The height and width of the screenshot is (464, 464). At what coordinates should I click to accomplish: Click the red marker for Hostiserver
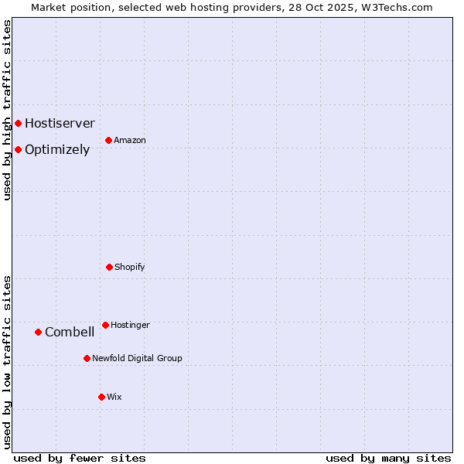pyautogui.click(x=18, y=123)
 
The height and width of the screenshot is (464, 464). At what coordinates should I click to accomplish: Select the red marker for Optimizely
pyautogui.click(x=18, y=149)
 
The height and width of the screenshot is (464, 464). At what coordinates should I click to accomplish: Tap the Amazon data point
pyautogui.click(x=108, y=140)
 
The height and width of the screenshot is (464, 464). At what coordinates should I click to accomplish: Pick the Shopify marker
pyautogui.click(x=109, y=267)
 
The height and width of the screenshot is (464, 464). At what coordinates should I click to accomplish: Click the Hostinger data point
pyautogui.click(x=105, y=325)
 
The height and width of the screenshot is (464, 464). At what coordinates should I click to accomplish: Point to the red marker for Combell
pyautogui.click(x=38, y=332)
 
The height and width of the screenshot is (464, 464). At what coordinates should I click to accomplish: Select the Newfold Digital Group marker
pyautogui.click(x=87, y=358)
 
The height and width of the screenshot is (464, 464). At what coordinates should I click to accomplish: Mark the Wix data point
pyautogui.click(x=101, y=397)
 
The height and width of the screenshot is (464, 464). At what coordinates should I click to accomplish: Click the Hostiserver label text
pyautogui.click(x=60, y=123)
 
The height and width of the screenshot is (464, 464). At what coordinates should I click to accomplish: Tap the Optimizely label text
pyautogui.click(x=57, y=149)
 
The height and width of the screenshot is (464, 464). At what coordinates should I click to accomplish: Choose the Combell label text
pyautogui.click(x=70, y=332)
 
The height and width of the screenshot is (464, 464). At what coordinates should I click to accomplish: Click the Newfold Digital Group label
pyautogui.click(x=137, y=358)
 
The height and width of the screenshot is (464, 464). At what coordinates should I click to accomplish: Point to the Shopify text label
pyautogui.click(x=129, y=267)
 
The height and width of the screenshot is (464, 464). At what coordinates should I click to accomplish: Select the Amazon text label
pyautogui.click(x=129, y=140)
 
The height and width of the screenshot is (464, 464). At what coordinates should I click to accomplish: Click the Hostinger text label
pyautogui.click(x=130, y=325)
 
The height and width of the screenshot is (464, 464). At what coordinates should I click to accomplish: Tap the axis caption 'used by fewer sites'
pyautogui.click(x=80, y=458)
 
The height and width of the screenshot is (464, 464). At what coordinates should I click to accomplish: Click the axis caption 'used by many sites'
pyautogui.click(x=388, y=458)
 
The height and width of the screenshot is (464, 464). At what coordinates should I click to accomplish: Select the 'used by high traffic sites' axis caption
pyautogui.click(x=7, y=110)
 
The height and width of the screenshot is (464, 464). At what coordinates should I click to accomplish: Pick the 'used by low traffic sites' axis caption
pyautogui.click(x=7, y=361)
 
